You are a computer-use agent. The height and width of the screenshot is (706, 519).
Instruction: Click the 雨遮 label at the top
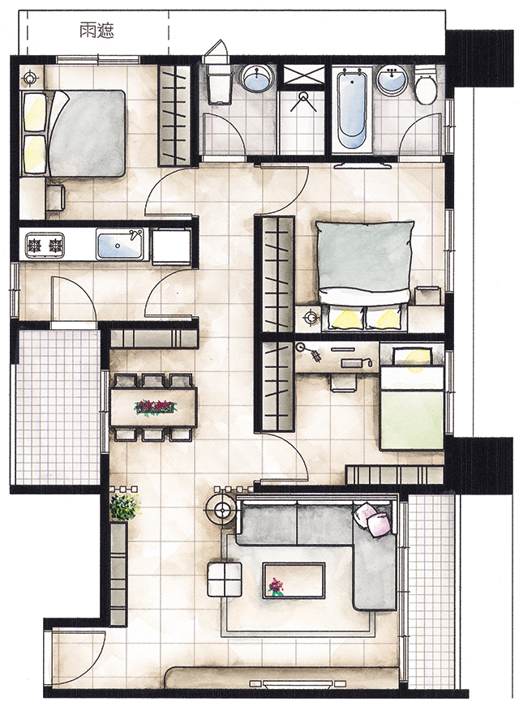(x=97, y=31)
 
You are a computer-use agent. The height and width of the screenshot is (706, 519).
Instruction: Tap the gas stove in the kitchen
(x=45, y=246)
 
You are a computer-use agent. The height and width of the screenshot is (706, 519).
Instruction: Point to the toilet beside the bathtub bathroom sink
(x=425, y=86)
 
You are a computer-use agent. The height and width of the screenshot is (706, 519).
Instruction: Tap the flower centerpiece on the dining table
(x=156, y=407)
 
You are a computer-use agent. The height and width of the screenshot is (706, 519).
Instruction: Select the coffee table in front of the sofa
(x=294, y=580)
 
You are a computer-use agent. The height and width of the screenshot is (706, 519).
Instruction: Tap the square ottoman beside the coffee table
(x=225, y=579)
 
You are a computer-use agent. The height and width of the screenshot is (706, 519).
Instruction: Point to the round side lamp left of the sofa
(x=221, y=509)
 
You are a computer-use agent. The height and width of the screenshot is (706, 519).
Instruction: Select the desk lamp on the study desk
(x=309, y=351)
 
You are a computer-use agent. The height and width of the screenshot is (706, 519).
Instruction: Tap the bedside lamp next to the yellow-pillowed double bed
(x=311, y=318)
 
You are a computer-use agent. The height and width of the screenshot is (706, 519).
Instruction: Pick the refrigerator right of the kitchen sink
(x=171, y=246)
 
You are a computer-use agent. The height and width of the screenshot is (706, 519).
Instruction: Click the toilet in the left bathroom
(x=220, y=86)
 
